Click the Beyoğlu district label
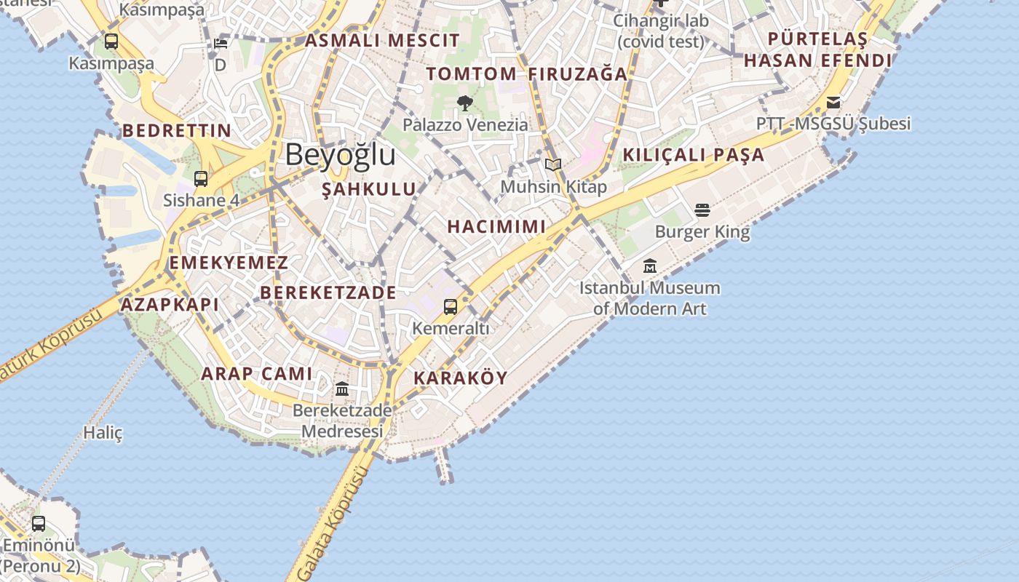point(340,155)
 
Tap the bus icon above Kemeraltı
point(451,307)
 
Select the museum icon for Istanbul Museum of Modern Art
point(650,266)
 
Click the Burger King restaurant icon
point(702,210)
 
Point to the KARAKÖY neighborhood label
point(461,378)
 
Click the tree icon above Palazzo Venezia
point(465,103)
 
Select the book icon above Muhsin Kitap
point(553,164)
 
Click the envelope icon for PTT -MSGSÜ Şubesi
point(833,103)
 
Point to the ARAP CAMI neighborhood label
point(256,374)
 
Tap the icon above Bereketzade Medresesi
point(342,389)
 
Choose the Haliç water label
point(103,433)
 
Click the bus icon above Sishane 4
point(201,178)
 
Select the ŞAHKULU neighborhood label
point(369,189)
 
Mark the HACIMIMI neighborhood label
point(496,226)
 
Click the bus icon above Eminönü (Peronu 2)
point(39,523)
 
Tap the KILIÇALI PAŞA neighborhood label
point(694,155)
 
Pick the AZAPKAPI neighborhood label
point(170,305)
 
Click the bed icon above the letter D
point(221,43)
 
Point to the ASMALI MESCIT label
point(382,41)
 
